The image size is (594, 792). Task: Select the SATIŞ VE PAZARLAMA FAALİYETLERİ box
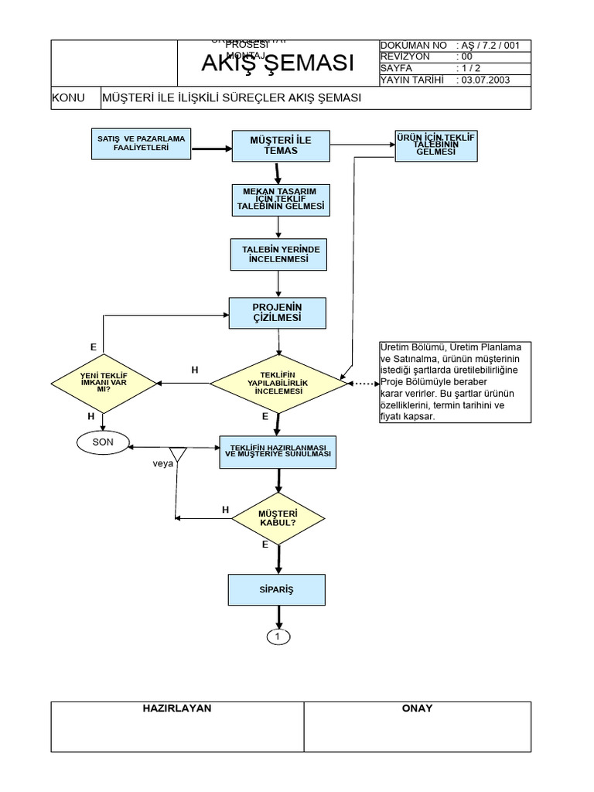142,143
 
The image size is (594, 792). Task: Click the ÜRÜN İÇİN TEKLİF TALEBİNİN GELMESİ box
435,145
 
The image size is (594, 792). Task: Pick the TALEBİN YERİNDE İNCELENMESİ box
279,254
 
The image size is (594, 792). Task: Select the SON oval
103,442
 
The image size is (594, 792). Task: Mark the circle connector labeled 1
279,637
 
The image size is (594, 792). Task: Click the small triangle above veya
178,453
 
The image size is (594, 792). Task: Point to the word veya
162,463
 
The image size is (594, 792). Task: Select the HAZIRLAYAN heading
177,708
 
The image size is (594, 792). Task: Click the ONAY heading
418,708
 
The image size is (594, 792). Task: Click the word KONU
68,98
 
